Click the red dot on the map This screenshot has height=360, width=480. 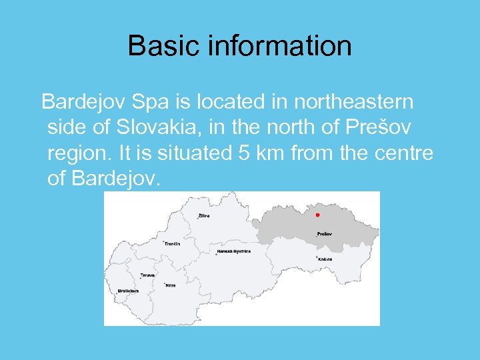(317, 215)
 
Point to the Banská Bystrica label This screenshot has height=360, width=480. (234, 252)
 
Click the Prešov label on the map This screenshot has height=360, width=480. (325, 235)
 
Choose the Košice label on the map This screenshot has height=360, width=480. (325, 259)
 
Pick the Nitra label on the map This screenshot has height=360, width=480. (171, 285)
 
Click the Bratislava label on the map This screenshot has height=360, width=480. (128, 291)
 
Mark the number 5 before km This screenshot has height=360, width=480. (244, 153)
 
